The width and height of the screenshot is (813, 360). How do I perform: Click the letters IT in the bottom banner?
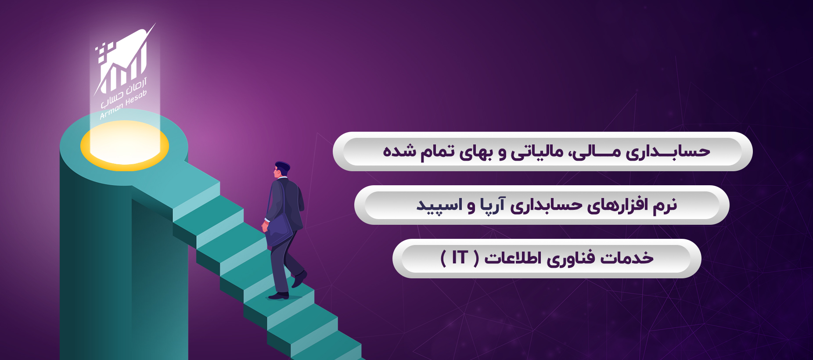(460, 257)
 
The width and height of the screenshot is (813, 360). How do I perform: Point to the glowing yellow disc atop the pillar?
(125, 145)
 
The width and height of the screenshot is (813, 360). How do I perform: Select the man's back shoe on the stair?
(278, 296)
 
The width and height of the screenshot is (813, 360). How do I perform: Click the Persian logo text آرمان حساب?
(124, 93)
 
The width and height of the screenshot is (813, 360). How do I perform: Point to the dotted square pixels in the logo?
(104, 50)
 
